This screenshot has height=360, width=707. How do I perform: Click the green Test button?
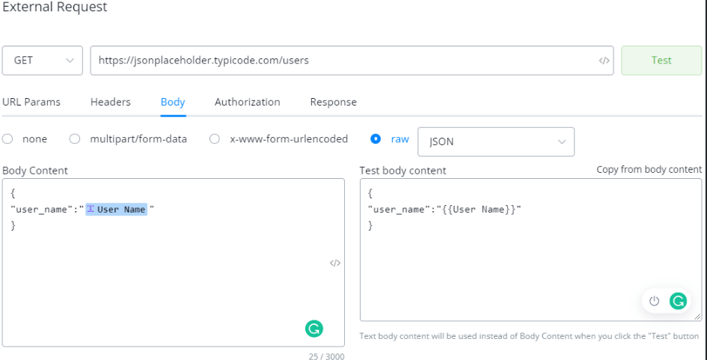click(661, 61)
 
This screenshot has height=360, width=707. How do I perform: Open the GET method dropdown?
click(43, 61)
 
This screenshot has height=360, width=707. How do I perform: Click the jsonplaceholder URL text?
click(203, 61)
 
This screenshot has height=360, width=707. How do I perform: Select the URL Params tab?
click(31, 102)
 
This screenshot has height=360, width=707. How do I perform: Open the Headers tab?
click(111, 102)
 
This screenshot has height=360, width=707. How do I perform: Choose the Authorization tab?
click(247, 102)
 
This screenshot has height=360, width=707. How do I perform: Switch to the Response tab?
click(333, 103)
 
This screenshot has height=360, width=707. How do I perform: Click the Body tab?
click(173, 103)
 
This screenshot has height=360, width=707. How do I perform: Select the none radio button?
click(7, 139)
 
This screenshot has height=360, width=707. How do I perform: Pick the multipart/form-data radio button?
click(74, 139)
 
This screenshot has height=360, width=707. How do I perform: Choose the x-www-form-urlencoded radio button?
click(215, 139)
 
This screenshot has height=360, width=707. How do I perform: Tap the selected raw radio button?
click(376, 139)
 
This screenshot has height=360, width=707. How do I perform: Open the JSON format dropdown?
click(496, 141)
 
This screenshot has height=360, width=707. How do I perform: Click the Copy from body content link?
click(649, 170)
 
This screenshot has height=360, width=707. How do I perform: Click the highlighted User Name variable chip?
click(116, 210)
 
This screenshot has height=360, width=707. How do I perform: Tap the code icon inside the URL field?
click(605, 61)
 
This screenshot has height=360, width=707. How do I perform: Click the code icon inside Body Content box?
click(335, 263)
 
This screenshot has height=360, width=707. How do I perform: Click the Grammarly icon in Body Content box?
click(313, 329)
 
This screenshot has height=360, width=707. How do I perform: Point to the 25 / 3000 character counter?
click(326, 356)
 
